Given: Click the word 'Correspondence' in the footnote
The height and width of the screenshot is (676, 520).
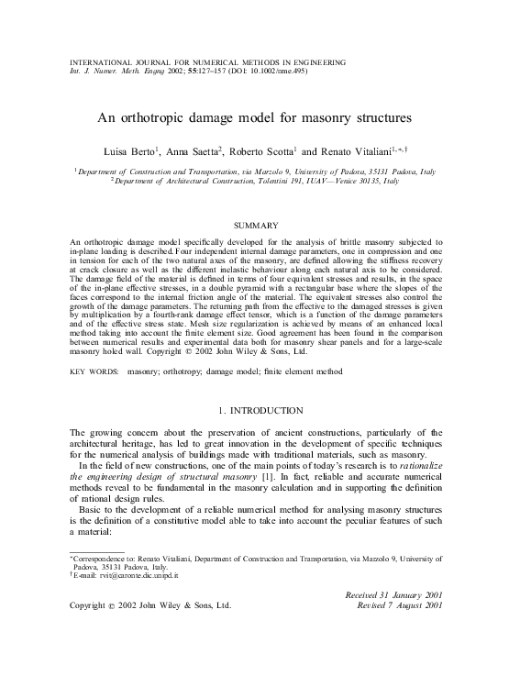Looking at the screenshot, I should point(102,558).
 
